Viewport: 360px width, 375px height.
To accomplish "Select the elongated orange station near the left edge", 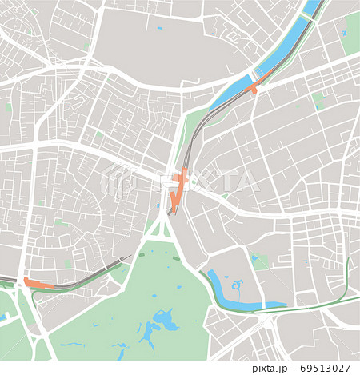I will pyautogui.click(x=37, y=283).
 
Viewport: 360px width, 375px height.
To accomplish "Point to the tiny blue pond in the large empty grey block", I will pyautogui.click(x=159, y=29).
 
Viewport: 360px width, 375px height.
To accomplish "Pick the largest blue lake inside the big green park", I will pyautogui.click(x=167, y=322).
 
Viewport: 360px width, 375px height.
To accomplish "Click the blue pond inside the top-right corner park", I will pyautogui.click(x=344, y=34).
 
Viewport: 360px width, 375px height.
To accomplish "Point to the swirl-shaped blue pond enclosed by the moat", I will pyautogui.click(x=237, y=284).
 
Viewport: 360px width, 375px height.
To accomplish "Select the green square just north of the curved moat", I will pyautogui.click(x=259, y=261).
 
